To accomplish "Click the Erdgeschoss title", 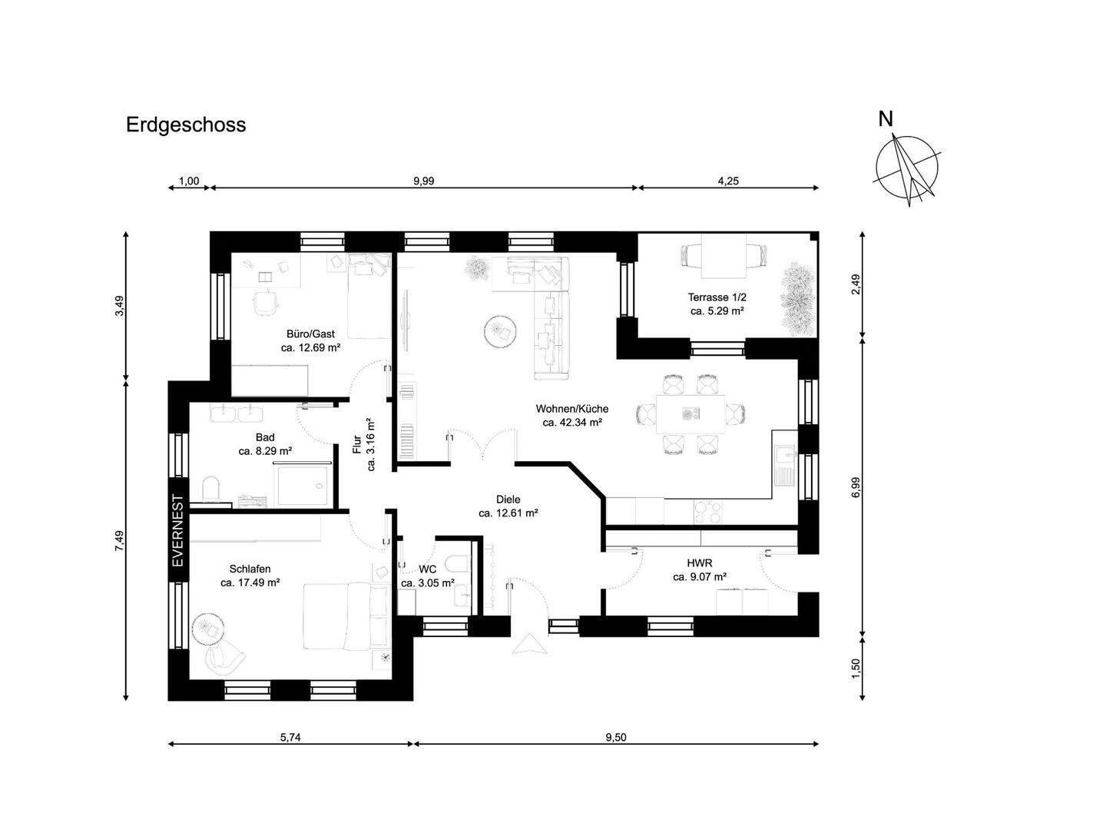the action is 185,125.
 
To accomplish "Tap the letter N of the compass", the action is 886,119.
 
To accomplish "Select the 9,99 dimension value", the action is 424,181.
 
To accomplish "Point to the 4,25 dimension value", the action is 728,181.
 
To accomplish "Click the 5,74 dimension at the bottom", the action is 290,737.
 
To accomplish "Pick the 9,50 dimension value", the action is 616,737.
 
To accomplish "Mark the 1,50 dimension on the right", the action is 856,669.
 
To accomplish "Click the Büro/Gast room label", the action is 310,334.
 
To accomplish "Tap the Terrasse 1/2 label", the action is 717,297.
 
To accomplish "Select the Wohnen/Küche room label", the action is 572,409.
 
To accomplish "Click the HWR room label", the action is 700,563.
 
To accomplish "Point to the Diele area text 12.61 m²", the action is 508,513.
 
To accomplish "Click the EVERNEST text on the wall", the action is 178,530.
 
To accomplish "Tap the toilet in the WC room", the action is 458,564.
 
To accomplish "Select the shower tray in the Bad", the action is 303,486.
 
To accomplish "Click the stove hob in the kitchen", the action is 708,512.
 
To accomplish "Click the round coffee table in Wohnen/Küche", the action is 499,330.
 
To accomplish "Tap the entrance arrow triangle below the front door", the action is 529,645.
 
